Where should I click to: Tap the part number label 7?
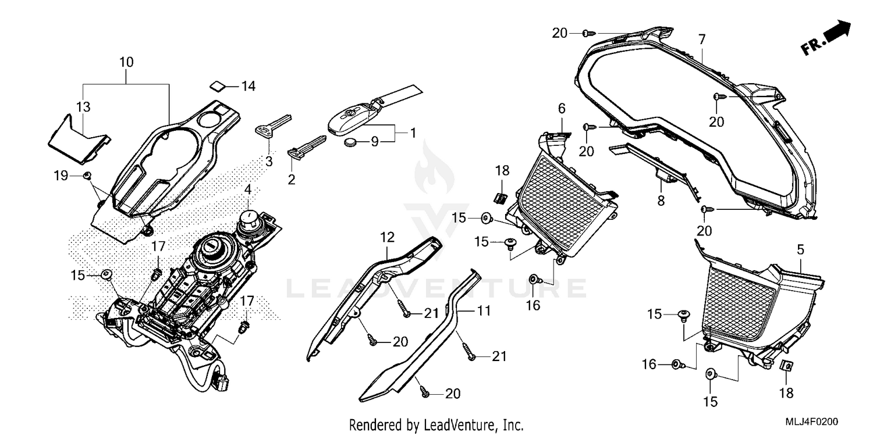click(702, 40)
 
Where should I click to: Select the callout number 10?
click(126, 62)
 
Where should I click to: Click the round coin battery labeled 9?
click(352, 143)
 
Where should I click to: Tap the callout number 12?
click(388, 237)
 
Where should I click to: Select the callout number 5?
click(800, 251)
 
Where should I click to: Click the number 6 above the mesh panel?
click(562, 108)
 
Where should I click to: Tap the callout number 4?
click(247, 190)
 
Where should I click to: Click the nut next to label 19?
click(87, 175)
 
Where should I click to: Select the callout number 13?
click(83, 106)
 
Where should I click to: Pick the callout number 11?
click(484, 311)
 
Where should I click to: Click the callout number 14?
click(249, 87)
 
